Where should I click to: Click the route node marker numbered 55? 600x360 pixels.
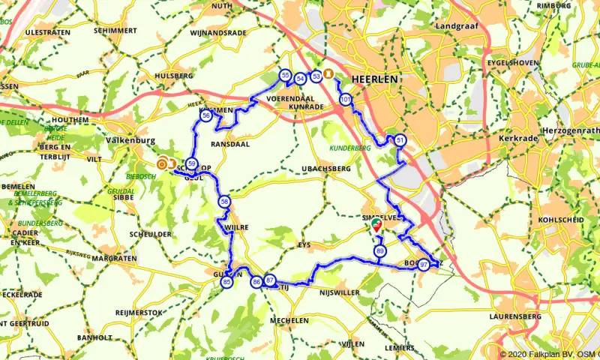(285, 76)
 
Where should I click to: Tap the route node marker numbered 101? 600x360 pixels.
(346, 100)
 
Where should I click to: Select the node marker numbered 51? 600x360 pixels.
(400, 141)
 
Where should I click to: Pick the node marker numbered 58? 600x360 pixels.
(224, 201)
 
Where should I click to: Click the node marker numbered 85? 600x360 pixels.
(227, 282)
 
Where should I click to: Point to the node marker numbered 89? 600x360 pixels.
(380, 251)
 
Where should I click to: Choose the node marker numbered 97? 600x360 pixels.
(424, 264)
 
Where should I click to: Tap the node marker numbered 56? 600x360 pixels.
(206, 115)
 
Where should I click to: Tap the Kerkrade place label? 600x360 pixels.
(516, 139)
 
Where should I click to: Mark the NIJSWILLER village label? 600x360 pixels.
(340, 292)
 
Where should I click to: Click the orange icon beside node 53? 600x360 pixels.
(328, 74)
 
